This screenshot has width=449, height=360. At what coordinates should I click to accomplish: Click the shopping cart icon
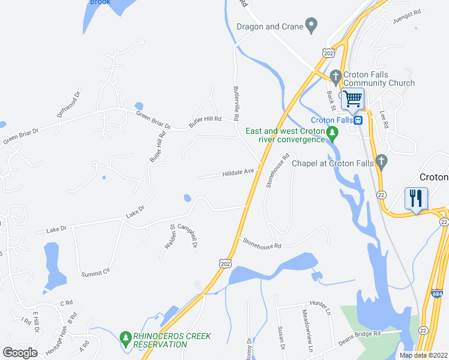[x=353, y=98]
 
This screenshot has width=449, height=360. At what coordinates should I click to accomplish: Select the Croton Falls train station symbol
[x=358, y=119]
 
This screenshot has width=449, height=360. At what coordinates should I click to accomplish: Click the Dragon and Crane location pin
[x=311, y=26]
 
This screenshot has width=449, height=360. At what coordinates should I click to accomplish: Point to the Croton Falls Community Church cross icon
[x=336, y=76]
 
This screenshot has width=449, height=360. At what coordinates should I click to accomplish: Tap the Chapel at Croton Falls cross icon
[x=381, y=162]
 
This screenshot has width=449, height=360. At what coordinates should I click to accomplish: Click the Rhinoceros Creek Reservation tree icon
[x=125, y=339]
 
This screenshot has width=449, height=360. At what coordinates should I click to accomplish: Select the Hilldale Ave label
[x=240, y=172]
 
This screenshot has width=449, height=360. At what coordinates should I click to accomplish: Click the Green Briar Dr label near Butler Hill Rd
[x=154, y=120]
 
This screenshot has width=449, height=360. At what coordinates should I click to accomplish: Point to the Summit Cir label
[x=96, y=272]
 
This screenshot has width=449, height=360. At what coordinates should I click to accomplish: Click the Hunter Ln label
[x=320, y=306]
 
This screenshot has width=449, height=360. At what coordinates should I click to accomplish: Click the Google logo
[x=20, y=352]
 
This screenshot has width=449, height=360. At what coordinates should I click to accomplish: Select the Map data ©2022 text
[x=424, y=355]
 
